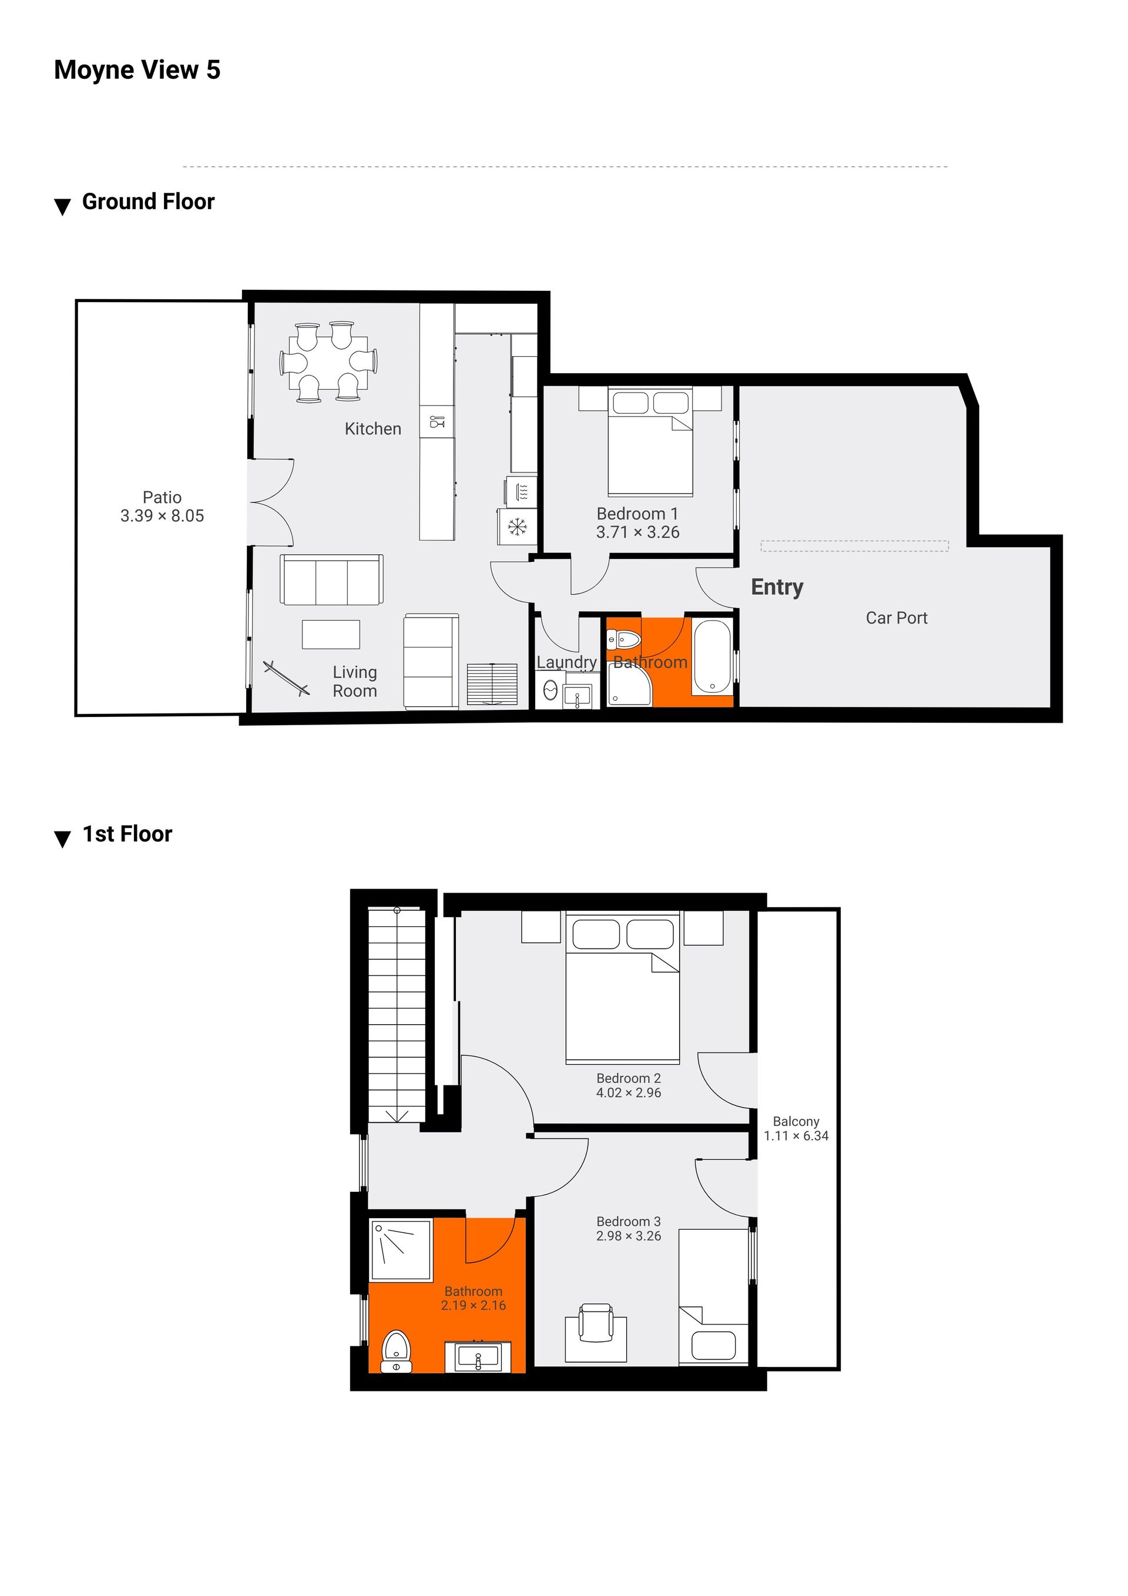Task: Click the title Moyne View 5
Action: pos(137,70)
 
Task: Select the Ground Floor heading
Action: pos(148,202)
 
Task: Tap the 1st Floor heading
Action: pos(127,834)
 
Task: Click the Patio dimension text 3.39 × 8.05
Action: pos(162,516)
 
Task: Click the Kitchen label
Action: pos(372,429)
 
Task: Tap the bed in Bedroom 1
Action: pos(650,441)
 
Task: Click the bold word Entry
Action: pos(777,588)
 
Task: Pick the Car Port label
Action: pos(897,618)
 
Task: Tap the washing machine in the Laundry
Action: pos(550,690)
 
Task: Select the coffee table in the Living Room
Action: pos(331,634)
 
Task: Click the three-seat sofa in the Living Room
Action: pos(331,580)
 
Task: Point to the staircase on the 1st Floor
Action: pos(396,1014)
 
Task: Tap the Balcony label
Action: pos(796,1121)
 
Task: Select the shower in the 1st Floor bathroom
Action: pos(401,1250)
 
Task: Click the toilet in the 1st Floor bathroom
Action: pos(397,1352)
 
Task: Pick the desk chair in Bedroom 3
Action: pos(596,1323)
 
